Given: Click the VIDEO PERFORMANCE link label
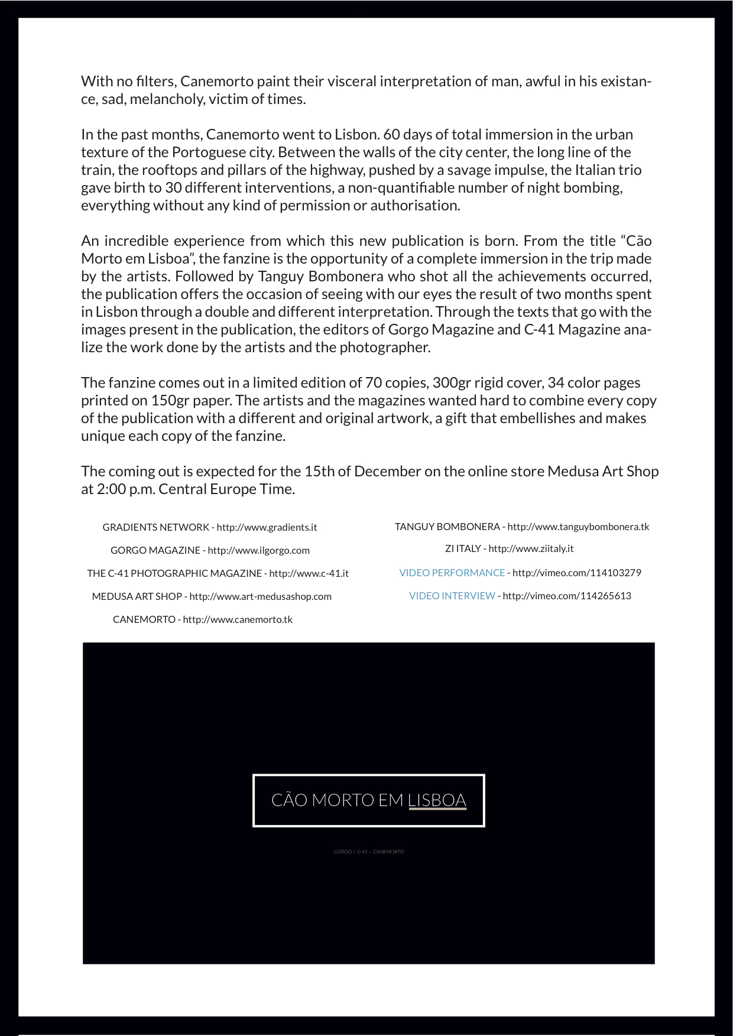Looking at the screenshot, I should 452,573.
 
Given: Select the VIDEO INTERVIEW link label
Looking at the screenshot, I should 452,596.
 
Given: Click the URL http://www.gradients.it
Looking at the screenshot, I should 267,527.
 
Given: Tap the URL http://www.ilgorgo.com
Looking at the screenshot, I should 258,550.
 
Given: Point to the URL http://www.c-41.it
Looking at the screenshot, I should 309,573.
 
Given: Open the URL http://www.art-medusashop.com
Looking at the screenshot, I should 260,596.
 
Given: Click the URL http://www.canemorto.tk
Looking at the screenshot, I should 238,619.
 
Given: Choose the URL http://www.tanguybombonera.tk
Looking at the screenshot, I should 578,527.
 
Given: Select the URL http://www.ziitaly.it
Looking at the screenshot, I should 531,548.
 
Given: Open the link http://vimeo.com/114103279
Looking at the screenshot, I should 576,573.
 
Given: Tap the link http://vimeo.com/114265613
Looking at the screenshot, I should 566,596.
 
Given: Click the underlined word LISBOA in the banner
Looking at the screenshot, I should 437,800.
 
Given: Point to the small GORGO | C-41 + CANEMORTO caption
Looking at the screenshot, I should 368,852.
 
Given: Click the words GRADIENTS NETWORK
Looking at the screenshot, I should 155,527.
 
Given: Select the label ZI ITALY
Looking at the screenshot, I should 463,548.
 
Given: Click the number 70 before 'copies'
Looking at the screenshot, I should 373,383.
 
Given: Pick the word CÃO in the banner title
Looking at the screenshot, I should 289,800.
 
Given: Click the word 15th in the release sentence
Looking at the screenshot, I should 319,472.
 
